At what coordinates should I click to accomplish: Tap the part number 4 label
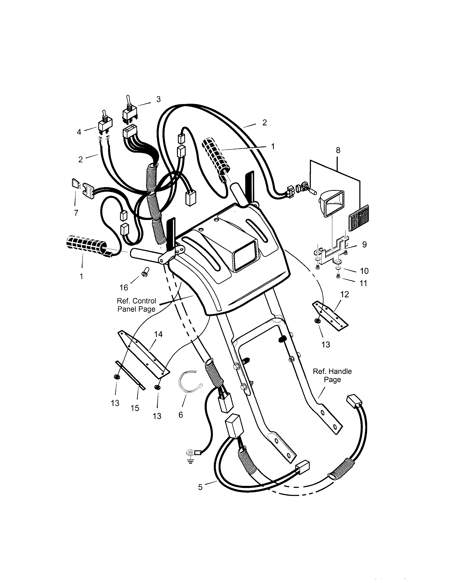point(79,132)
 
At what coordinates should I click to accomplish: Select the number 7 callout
point(76,213)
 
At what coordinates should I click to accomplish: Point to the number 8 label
point(338,150)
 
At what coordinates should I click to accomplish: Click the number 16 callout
point(124,288)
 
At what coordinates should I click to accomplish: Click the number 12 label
point(345,294)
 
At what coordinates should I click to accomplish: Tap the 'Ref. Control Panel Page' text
point(136,305)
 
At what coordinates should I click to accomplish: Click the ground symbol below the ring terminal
point(190,461)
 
